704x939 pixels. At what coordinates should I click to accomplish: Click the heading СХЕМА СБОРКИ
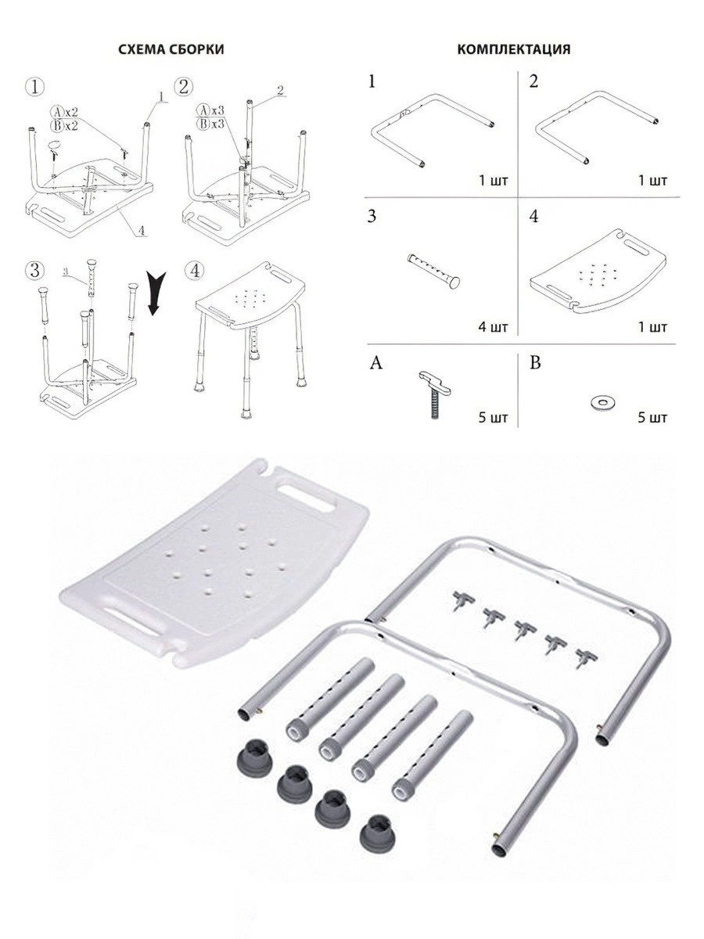tap(171, 49)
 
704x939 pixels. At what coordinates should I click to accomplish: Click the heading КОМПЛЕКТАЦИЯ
tap(513, 49)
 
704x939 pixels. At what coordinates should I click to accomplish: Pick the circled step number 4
tap(196, 271)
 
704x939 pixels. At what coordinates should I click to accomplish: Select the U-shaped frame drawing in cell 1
tap(434, 129)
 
